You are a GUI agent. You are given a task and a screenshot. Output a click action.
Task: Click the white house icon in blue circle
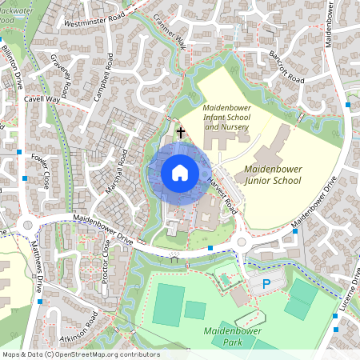180,173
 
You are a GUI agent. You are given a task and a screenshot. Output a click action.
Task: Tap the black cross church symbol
181,132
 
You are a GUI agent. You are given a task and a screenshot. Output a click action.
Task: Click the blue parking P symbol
266,284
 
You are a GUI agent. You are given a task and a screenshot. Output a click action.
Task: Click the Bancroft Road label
286,70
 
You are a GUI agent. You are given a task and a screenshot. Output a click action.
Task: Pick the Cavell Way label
42,99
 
